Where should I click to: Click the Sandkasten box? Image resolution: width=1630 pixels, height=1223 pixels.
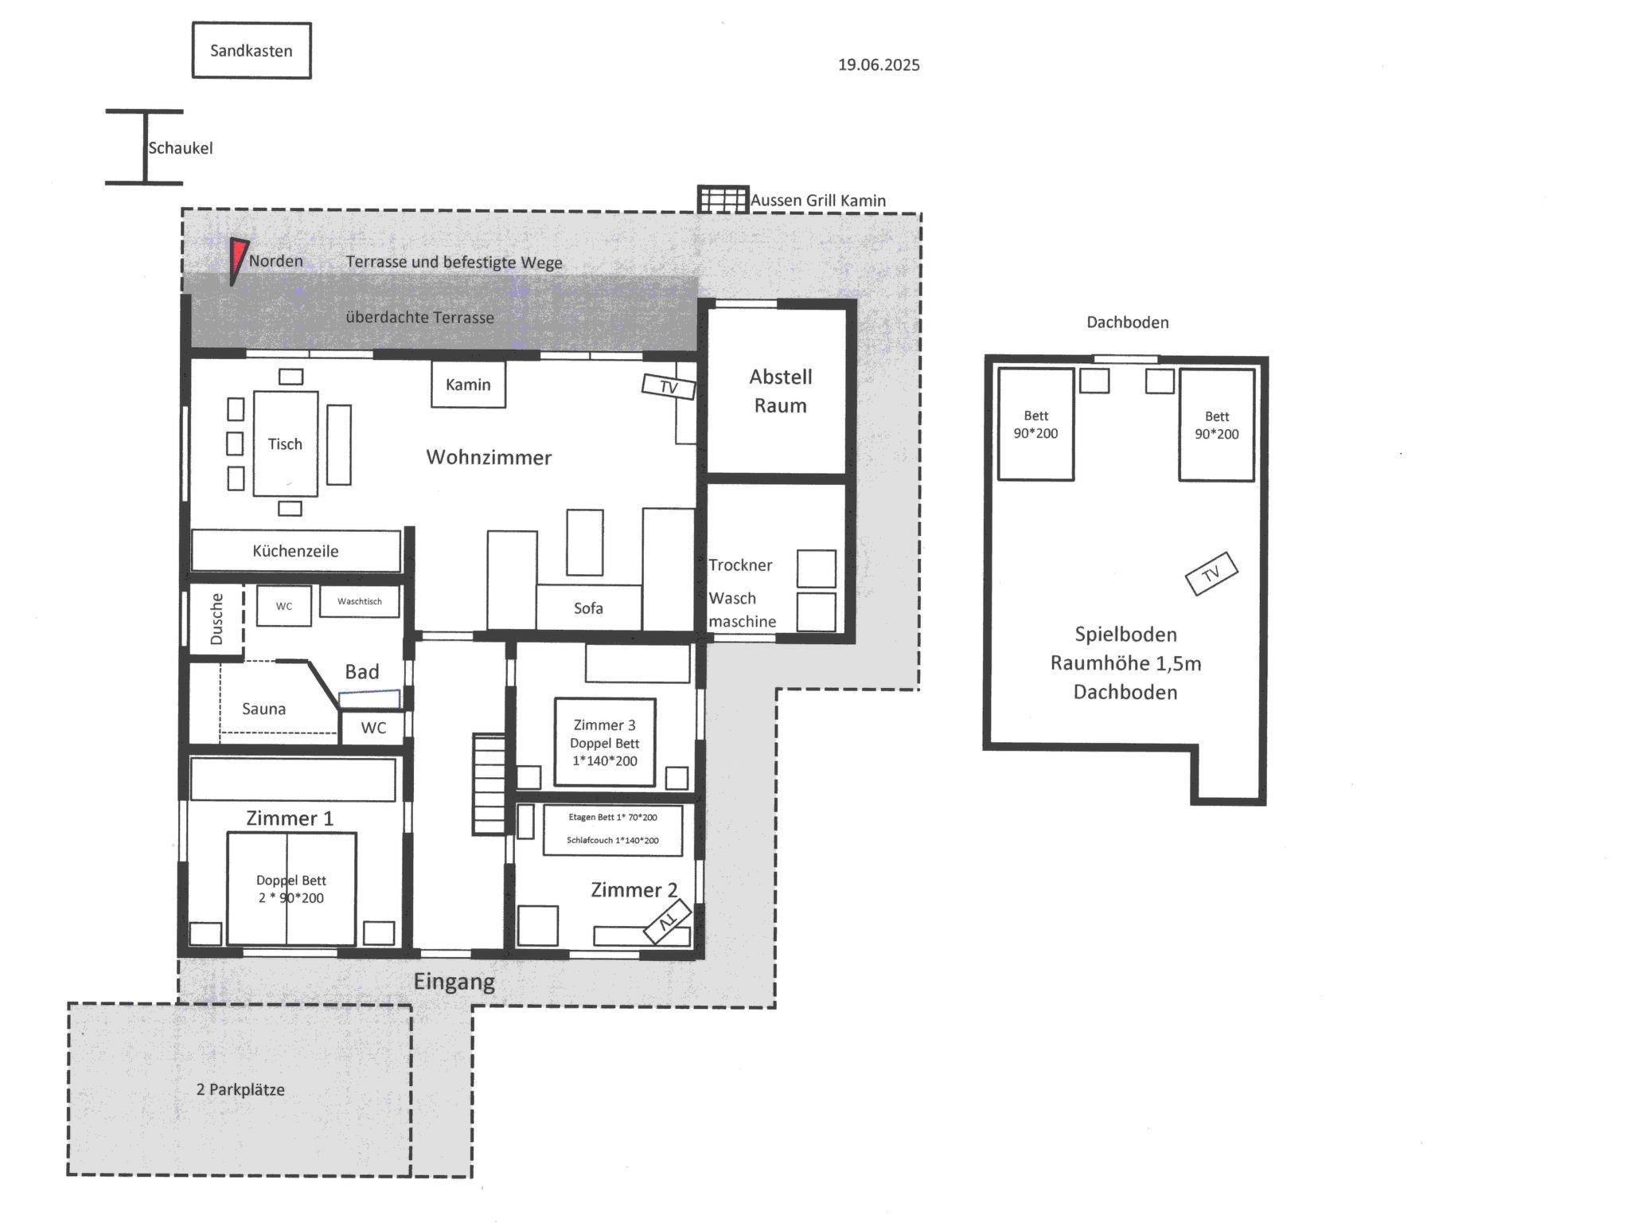pos(252,50)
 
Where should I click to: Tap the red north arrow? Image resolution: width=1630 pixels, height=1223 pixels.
pos(237,258)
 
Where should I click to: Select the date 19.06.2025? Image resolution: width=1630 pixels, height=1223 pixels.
pos(879,65)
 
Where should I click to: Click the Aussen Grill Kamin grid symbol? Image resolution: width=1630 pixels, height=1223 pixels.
pos(723,199)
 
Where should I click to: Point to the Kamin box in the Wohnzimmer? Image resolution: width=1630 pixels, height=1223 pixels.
pos(468,385)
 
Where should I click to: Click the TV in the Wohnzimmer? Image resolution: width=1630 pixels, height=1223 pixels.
pos(669,387)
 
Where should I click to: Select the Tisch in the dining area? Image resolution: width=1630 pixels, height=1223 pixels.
pos(286,443)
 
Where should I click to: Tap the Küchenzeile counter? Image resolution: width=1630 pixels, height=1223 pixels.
pos(296,551)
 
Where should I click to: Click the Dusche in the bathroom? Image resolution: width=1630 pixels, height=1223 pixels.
pos(216,619)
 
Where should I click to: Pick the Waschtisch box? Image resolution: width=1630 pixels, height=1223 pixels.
pos(360,601)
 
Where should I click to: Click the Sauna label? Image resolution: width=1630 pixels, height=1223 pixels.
pos(263,709)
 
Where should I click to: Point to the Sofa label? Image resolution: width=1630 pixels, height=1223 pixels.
pos(588,608)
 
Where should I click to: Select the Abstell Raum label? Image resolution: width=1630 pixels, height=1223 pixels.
pos(780,391)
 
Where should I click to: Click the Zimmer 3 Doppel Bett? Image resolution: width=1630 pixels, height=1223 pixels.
pos(605,742)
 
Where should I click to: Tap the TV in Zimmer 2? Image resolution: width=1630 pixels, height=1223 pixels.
pos(667,922)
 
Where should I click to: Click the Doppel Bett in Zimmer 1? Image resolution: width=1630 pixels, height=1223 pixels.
pos(291,889)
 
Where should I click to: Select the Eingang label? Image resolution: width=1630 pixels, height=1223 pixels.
pos(454,983)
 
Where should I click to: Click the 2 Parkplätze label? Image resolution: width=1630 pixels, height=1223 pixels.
pos(240,1089)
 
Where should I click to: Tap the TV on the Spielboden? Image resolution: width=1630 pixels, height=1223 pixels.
pos(1211,573)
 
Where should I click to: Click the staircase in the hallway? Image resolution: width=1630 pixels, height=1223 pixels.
pos(489,784)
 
